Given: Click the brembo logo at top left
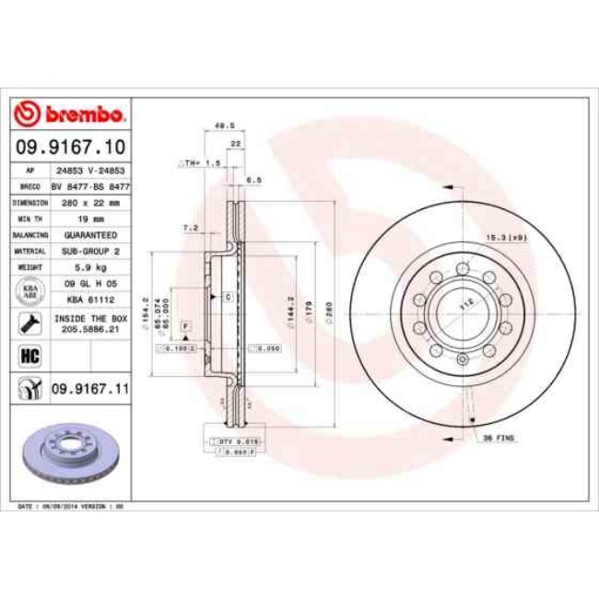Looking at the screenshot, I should [x=70, y=115].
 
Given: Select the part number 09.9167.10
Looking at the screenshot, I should [x=70, y=147].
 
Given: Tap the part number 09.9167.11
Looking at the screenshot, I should [x=88, y=390].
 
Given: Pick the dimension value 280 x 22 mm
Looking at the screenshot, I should [x=90, y=202].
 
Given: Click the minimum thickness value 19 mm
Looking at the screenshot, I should [x=90, y=218].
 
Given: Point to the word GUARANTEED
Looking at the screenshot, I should [x=90, y=235].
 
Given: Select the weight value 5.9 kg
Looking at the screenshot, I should [x=90, y=267].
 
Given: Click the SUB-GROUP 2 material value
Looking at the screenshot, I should [x=90, y=251].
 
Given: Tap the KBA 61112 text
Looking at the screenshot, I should [x=90, y=299].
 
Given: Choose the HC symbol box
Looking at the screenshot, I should [x=28, y=355].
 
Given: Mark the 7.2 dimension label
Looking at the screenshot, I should [x=191, y=227].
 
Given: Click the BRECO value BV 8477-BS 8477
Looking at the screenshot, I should [x=90, y=186].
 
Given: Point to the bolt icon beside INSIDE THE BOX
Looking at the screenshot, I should [x=28, y=322].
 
